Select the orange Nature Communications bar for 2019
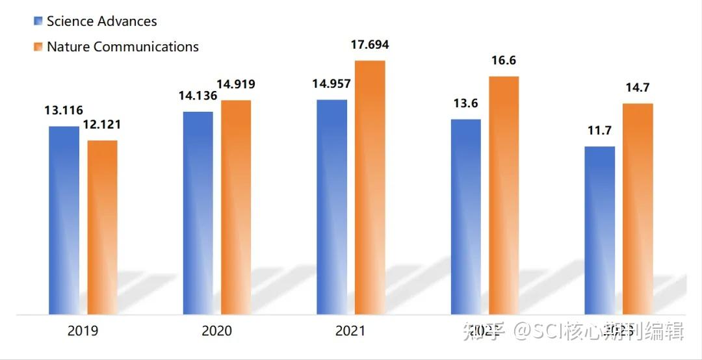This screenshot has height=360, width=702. click(x=102, y=227)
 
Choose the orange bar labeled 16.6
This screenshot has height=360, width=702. click(x=504, y=195)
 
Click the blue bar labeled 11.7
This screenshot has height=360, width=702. click(x=599, y=230)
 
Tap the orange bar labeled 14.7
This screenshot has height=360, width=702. click(x=638, y=209)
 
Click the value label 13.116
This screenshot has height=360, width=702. click(x=64, y=110)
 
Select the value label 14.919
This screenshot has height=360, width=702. click(x=235, y=84)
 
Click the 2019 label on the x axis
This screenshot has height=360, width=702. click(x=83, y=331)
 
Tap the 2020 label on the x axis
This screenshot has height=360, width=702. click(x=216, y=331)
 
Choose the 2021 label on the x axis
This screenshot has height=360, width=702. click(x=350, y=331)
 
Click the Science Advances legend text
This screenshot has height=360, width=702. click(x=101, y=21)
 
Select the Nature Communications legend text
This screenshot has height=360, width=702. click(x=122, y=47)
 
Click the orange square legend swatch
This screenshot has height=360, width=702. click(x=38, y=47)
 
